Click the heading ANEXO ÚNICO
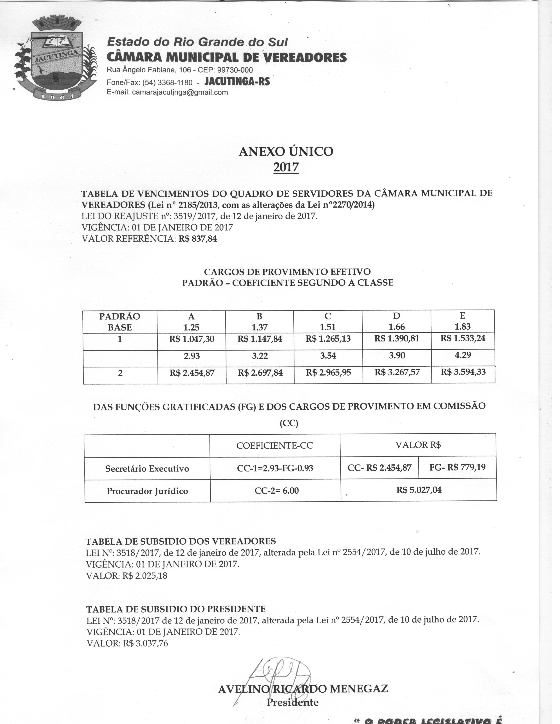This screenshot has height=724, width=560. pos(286,152)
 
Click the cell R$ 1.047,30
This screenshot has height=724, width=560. pos(191,339)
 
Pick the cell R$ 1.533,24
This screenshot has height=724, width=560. pos(463,339)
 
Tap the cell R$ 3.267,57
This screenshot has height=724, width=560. pos(397,373)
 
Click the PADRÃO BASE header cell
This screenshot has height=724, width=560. pos(120,322)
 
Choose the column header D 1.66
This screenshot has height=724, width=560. pos(396,322)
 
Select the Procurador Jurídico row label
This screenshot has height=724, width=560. pos(147,491)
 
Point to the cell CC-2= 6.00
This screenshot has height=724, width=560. pos(276,491)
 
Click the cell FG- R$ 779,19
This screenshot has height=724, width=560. pos(457,467)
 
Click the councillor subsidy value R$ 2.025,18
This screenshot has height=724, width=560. pos(145,576)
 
